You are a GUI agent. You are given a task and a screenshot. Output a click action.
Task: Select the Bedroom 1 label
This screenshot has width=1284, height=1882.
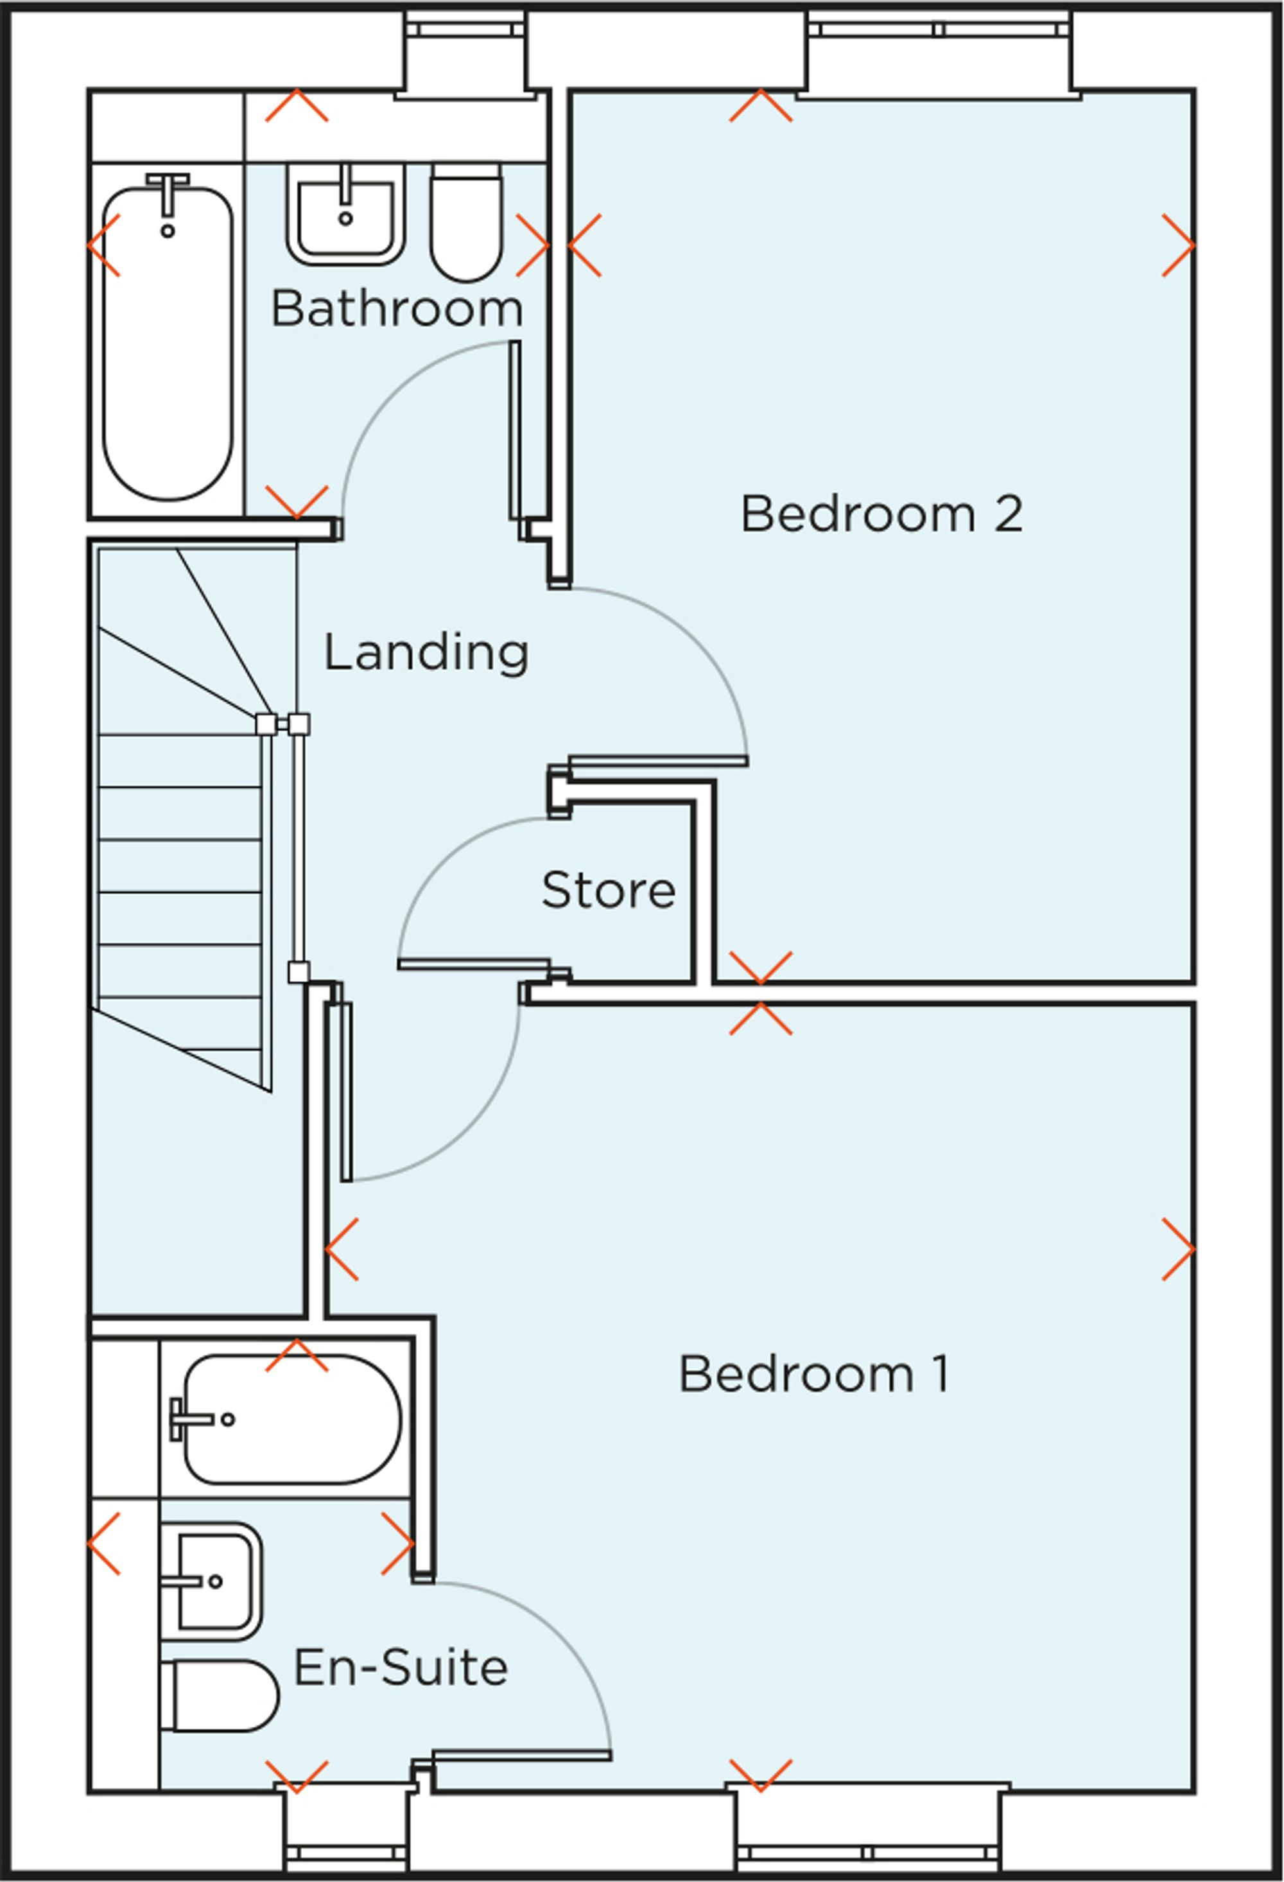(x=813, y=1374)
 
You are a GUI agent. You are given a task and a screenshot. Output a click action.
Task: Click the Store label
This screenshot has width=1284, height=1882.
(x=608, y=890)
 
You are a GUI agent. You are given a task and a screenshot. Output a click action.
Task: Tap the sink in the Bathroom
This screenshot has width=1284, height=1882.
(x=345, y=216)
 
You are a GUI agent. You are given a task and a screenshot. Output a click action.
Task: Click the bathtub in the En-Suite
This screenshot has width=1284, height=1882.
(x=291, y=1419)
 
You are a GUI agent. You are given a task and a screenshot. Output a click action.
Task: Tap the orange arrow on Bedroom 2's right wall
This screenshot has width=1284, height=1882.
(x=1178, y=245)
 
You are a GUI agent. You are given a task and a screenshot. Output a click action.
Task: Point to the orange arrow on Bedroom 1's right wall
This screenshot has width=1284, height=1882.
(x=1178, y=1250)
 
